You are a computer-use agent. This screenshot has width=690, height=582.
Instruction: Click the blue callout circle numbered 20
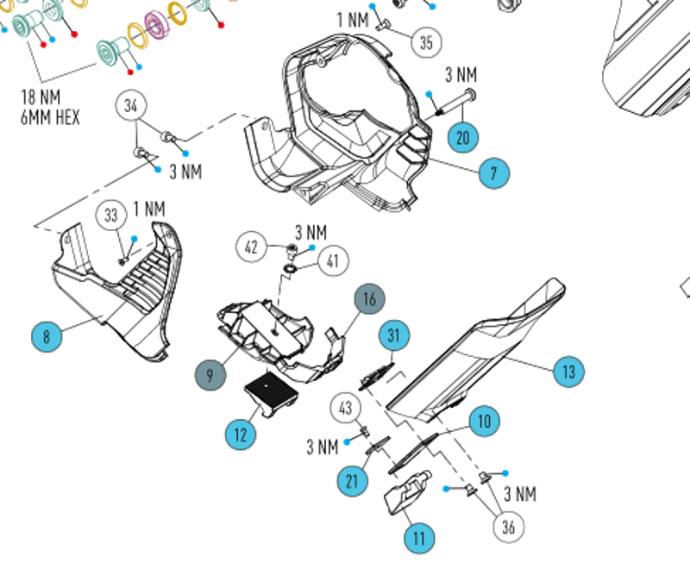tap(462, 136)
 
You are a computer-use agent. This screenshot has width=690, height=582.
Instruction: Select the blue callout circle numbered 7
tap(493, 173)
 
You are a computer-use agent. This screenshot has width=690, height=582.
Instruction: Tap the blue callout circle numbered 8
tap(47, 335)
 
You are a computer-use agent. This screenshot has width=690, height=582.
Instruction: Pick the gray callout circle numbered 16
tap(369, 299)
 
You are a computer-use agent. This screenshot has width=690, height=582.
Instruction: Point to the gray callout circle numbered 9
tap(210, 375)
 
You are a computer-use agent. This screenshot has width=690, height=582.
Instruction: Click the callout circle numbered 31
tap(395, 335)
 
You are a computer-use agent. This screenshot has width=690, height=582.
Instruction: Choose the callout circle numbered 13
tap(568, 372)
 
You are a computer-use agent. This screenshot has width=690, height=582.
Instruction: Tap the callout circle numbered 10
tap(484, 421)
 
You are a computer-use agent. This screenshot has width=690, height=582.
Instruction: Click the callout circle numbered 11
tap(419, 539)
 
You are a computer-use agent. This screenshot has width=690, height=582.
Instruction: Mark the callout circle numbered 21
tap(352, 480)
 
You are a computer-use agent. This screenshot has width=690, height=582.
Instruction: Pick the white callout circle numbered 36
tap(508, 526)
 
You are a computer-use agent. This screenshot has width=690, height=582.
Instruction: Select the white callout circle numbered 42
tap(252, 247)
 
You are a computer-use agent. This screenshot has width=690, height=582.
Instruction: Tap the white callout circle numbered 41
tap(334, 260)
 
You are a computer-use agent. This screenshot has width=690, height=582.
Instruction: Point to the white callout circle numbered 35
tap(425, 41)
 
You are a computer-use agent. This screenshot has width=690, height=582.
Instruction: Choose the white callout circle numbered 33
tap(111, 216)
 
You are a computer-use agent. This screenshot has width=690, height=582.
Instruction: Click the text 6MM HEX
tap(50, 116)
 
